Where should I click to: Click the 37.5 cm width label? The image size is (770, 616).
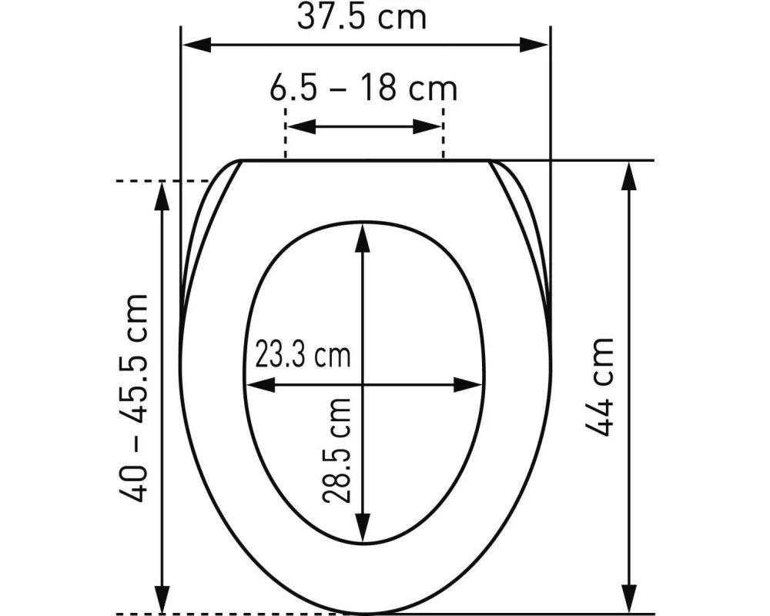coord(362,17)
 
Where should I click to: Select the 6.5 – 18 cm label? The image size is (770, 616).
coord(363,89)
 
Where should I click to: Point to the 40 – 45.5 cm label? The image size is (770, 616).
coord(136,398)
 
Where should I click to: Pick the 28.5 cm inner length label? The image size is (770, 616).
coord(337,450)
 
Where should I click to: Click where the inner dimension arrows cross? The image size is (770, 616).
coord(363,384)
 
